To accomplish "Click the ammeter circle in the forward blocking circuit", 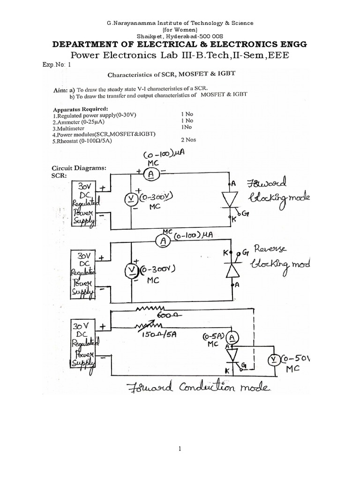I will pyautogui.click(x=150, y=174).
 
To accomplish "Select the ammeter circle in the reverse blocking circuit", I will pyautogui.click(x=163, y=241).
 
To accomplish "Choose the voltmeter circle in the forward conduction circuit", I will pyautogui.click(x=273, y=360).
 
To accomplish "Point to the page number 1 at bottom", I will pyautogui.click(x=180, y=448).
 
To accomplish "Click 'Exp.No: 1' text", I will pyautogui.click(x=56, y=65).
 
